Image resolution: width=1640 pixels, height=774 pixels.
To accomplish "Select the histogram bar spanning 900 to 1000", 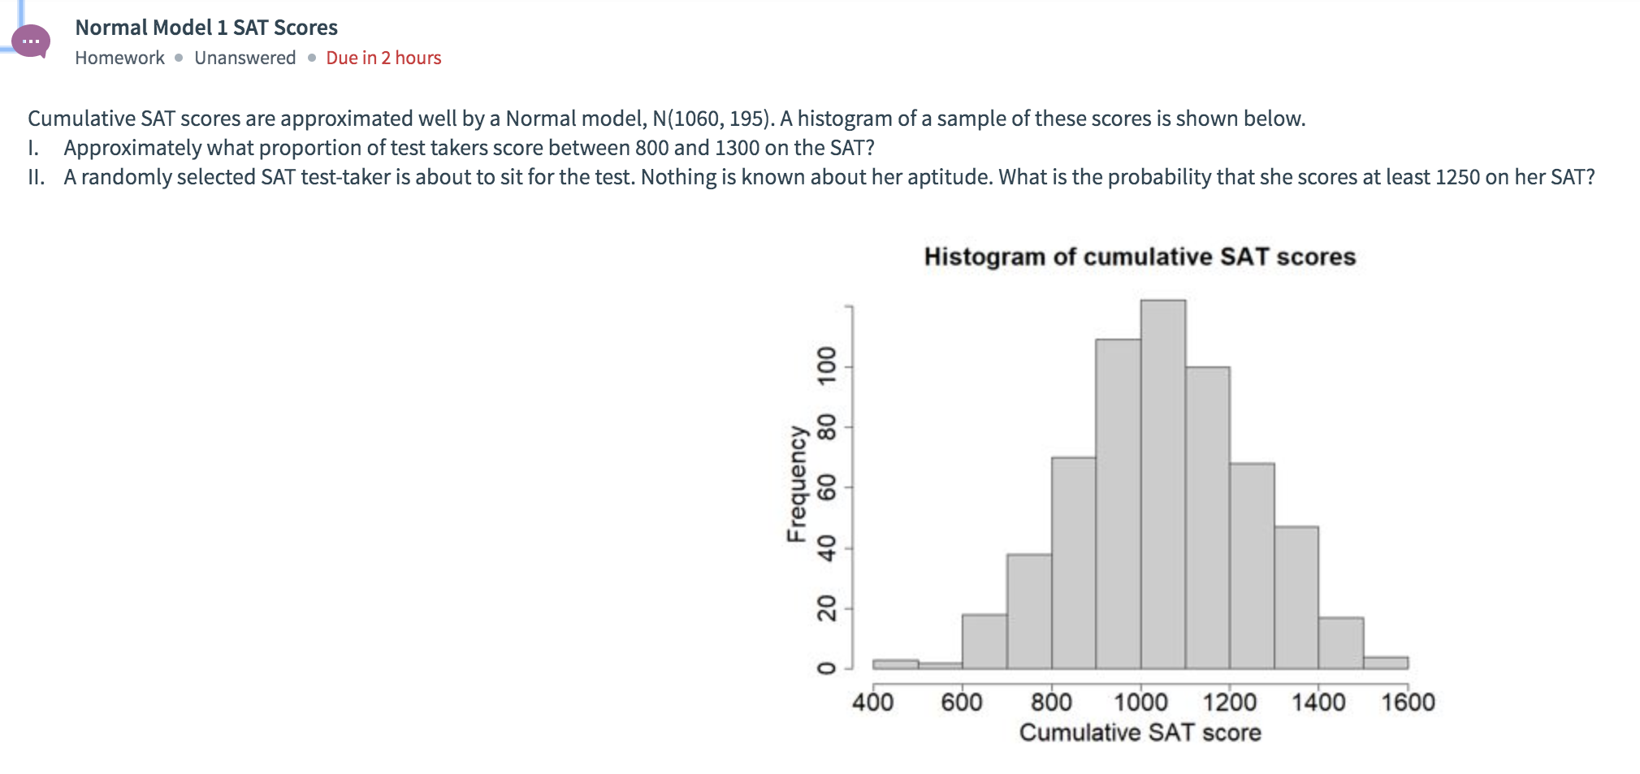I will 1118,504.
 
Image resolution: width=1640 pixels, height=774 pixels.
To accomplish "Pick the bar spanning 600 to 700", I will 984,642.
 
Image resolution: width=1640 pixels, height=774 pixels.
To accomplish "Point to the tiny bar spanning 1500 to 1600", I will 1386,663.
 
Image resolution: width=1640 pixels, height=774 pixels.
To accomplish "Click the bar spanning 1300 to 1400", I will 1296,597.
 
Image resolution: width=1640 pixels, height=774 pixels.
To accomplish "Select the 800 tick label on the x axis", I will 1051,702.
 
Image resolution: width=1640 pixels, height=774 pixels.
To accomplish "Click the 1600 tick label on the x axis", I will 1408,702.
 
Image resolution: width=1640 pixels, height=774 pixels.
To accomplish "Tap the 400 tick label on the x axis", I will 872,702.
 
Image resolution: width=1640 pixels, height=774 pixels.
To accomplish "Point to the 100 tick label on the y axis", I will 827,366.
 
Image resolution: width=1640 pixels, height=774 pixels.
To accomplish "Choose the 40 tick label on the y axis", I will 827,548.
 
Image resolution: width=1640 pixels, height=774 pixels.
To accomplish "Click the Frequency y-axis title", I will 797,484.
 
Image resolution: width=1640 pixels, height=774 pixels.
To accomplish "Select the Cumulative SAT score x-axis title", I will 1140,733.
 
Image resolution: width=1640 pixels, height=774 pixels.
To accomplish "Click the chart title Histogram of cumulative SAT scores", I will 1140,257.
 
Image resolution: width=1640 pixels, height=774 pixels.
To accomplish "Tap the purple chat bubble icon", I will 32,41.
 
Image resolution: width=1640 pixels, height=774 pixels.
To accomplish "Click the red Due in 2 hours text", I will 383,58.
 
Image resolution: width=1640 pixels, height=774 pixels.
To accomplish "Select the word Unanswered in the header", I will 244,58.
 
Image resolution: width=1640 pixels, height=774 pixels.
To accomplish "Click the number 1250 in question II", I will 1457,177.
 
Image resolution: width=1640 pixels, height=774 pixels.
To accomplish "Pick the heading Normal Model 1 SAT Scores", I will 206,28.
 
